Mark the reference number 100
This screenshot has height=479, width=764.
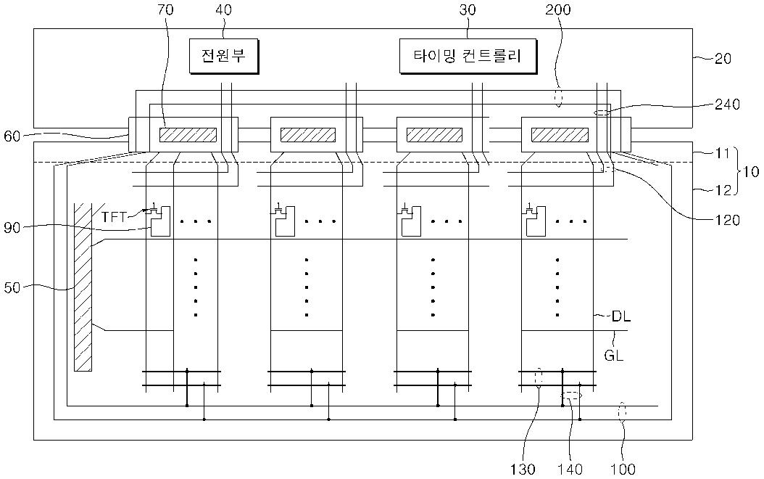pyautogui.click(x=623, y=469)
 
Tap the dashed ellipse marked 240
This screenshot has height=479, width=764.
pyautogui.click(x=602, y=112)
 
